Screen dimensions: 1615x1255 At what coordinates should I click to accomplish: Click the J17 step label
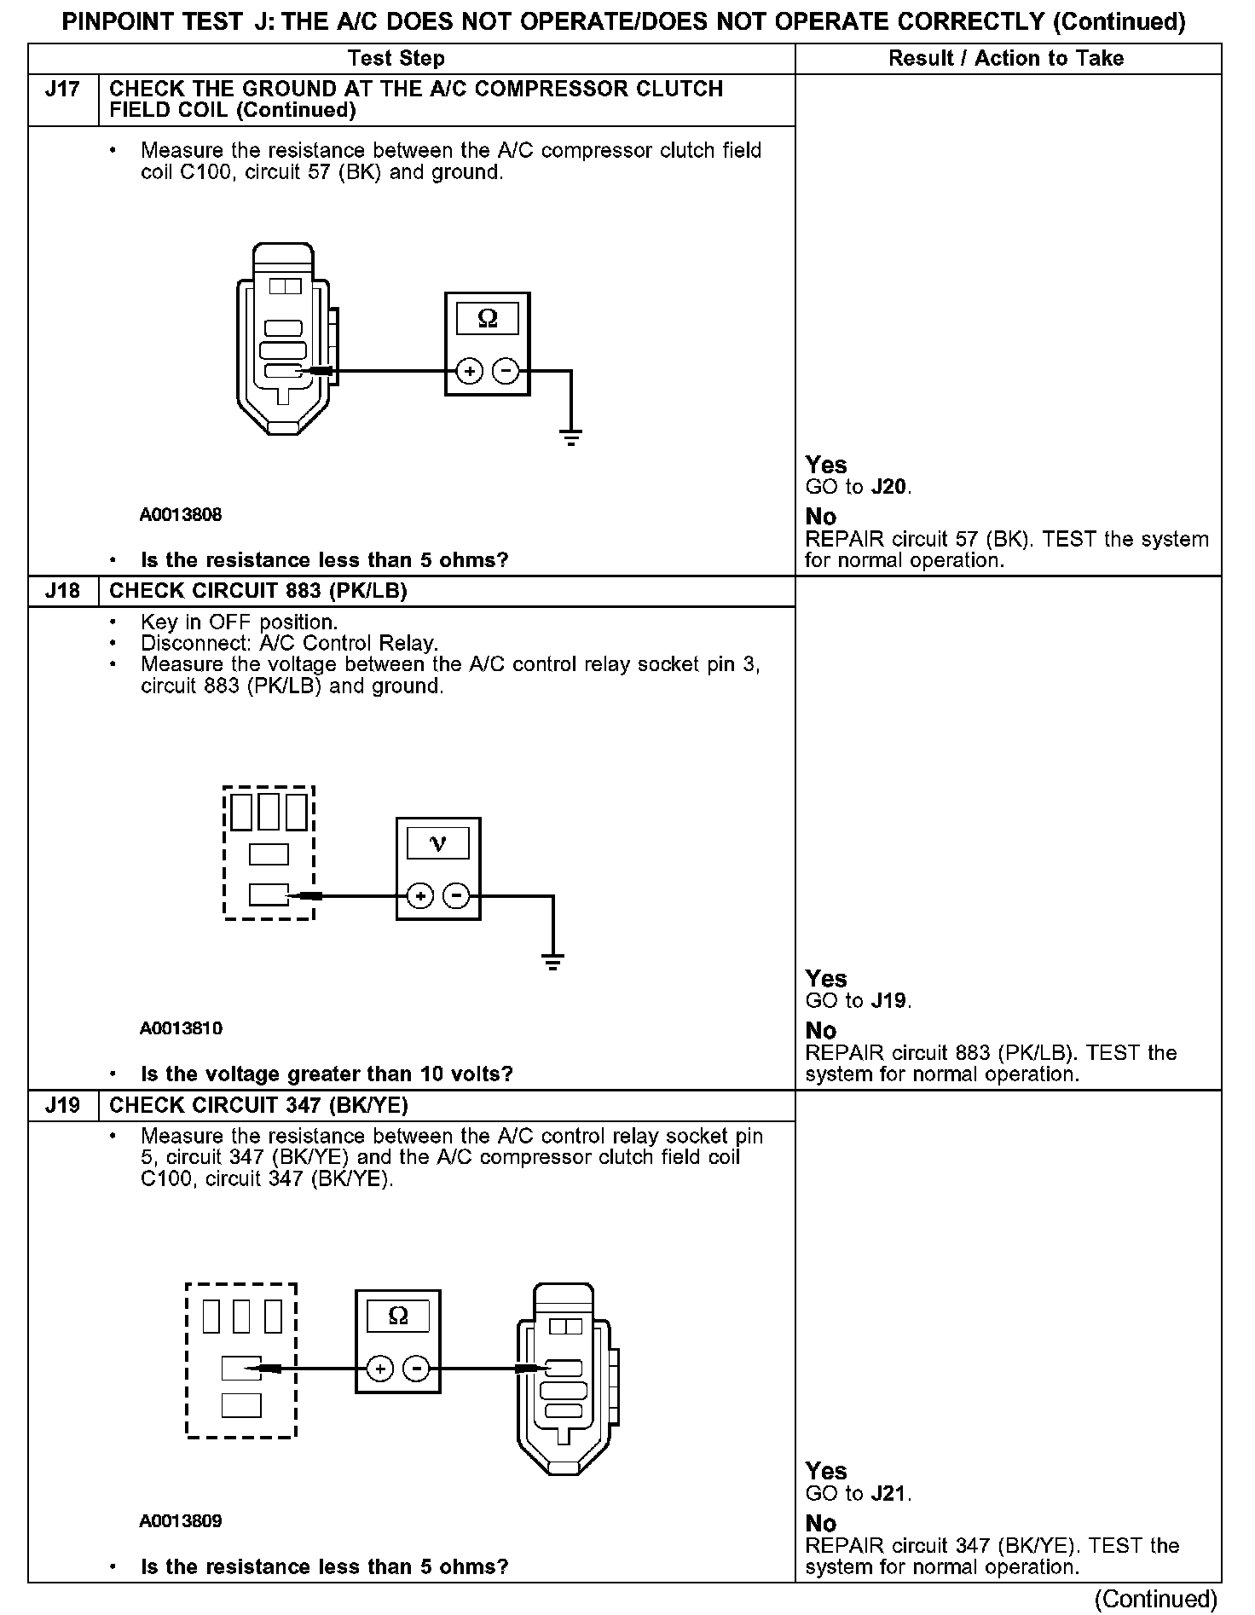62,90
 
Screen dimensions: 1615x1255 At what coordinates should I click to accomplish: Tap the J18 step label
62,591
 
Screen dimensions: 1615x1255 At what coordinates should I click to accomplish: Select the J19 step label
62,1105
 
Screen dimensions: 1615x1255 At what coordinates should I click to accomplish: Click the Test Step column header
396,59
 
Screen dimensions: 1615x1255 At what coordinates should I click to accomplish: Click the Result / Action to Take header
1006,59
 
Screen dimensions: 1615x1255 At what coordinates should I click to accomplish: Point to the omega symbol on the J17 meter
487,319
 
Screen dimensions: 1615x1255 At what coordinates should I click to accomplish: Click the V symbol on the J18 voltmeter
438,844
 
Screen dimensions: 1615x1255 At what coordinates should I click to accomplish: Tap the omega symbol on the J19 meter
397,1317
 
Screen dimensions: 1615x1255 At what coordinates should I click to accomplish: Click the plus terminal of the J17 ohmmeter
470,372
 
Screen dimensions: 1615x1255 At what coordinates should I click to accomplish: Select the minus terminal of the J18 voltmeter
457,896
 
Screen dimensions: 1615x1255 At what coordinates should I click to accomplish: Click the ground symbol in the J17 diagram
570,438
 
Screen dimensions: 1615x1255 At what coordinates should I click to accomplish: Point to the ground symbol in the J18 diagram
552,963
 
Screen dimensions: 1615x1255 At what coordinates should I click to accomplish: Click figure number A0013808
181,515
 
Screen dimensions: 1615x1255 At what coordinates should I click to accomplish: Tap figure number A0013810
181,1028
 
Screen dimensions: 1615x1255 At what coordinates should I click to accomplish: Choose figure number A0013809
181,1521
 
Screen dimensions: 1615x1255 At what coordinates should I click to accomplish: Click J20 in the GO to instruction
889,488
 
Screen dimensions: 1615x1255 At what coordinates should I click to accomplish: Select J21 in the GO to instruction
889,1494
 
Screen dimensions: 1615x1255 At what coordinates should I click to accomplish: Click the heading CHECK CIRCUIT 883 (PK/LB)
258,591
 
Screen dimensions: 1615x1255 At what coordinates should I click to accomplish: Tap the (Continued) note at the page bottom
1155,1599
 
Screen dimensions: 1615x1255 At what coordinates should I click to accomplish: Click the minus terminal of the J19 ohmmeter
417,1369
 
